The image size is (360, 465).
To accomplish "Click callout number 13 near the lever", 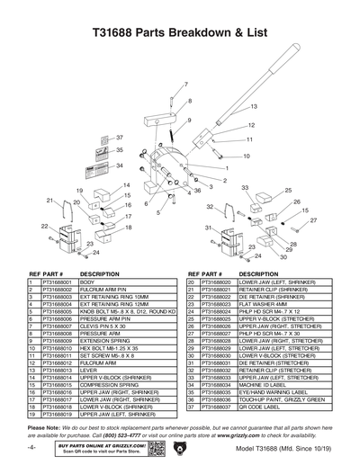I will coord(255,107).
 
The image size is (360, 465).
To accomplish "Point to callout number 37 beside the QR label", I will coord(117,138).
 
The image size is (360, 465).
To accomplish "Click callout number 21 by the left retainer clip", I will coord(50,201).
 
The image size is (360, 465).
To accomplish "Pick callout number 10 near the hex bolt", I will coord(246,156).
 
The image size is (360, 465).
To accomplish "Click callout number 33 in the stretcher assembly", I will coord(244,187).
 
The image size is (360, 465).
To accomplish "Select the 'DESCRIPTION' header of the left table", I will coord(100,273).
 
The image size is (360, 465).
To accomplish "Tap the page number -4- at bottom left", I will coord(31,448).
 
